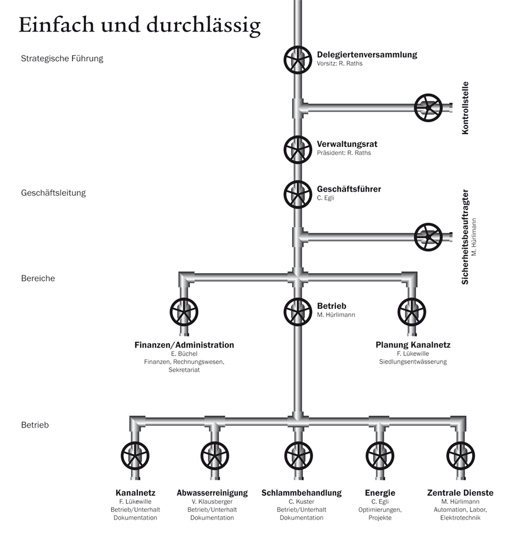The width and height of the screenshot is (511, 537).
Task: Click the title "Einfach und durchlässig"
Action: pos(139,26)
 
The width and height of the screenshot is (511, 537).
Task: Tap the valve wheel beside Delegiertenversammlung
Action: pos(298,60)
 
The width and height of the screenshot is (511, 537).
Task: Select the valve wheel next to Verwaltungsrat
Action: pos(298,149)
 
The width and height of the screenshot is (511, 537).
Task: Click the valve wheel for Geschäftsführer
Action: pos(298,194)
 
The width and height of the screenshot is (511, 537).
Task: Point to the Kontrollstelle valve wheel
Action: pos(428,107)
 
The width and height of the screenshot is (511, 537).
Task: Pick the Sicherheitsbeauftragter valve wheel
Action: pos(428,237)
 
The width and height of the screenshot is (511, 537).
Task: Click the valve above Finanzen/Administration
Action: pos(184,312)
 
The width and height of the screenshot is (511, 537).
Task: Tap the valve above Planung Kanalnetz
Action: pos(412,312)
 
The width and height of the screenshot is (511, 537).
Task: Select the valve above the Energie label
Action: pos(380,456)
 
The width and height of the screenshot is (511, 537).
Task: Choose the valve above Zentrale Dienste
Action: pos(460,456)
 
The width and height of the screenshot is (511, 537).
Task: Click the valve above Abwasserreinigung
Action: pos(215,456)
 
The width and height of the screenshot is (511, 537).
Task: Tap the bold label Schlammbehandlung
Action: pos(302,493)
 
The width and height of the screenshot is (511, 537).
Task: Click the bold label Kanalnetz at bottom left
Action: pos(136,493)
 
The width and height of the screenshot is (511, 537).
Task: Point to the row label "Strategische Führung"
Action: pos(62,58)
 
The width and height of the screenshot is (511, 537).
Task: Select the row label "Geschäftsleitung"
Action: pos(53,193)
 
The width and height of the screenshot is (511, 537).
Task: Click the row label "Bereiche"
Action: pos(38,278)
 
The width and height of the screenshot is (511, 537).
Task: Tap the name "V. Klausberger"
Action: pos(212,501)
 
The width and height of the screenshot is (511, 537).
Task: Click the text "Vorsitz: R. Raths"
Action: pos(339,64)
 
